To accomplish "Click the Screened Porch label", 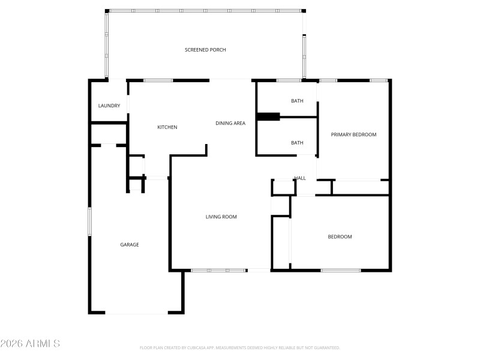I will click(x=205, y=50).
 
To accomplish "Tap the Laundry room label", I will click(x=109, y=106).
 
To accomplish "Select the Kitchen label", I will click(x=167, y=127).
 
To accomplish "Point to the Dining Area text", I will click(x=230, y=124).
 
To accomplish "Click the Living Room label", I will click(x=221, y=217).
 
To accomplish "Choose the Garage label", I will click(x=130, y=245).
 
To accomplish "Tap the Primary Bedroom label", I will click(x=353, y=135).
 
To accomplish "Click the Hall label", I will click(x=300, y=178).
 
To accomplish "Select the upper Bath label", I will click(x=297, y=101).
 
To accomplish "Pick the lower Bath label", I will click(x=297, y=143).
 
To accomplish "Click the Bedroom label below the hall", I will click(x=340, y=237).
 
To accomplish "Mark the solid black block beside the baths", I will click(x=268, y=117).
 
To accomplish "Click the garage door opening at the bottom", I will click(x=137, y=313).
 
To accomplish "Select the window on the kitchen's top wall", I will click(x=158, y=80).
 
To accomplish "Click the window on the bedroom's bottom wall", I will click(x=340, y=271).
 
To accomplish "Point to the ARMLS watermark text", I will click(x=30, y=344).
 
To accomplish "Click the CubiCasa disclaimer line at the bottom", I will click(x=240, y=348).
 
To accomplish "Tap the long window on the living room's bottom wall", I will click(x=218, y=271).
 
